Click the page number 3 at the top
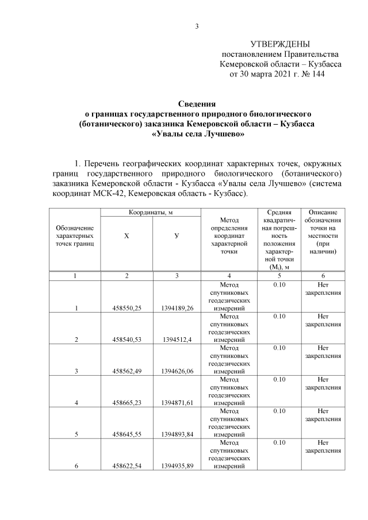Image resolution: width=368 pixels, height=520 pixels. coord(197,26)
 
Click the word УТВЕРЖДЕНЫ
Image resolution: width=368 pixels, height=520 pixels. coord(280,44)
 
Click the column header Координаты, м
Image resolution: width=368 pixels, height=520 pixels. coord(151,213)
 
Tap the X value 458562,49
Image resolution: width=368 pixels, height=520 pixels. coord(127,371)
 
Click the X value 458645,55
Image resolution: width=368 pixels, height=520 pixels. coord(127,434)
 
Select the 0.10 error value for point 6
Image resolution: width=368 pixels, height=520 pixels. coord(279,442)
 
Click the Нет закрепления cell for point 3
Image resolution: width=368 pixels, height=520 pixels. coord(323,352)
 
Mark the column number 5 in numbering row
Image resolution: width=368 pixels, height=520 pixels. coord(279,276)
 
